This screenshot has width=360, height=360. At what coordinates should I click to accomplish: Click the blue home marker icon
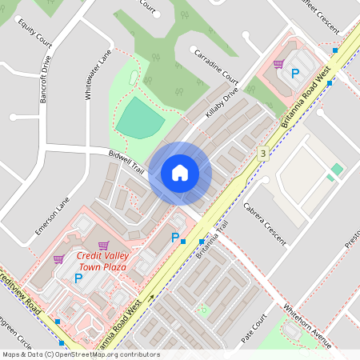(180, 173)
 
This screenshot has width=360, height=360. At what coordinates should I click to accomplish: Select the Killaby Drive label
(222, 104)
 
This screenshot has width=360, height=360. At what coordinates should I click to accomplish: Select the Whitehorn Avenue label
(306, 323)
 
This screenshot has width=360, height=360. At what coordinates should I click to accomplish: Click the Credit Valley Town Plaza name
(102, 261)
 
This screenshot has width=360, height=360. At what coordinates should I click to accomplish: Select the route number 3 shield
(262, 152)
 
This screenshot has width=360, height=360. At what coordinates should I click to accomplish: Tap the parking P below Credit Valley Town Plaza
(78, 278)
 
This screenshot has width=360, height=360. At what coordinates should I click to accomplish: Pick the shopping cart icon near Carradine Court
(278, 64)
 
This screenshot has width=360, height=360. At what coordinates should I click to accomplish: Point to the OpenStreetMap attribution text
(80, 354)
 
